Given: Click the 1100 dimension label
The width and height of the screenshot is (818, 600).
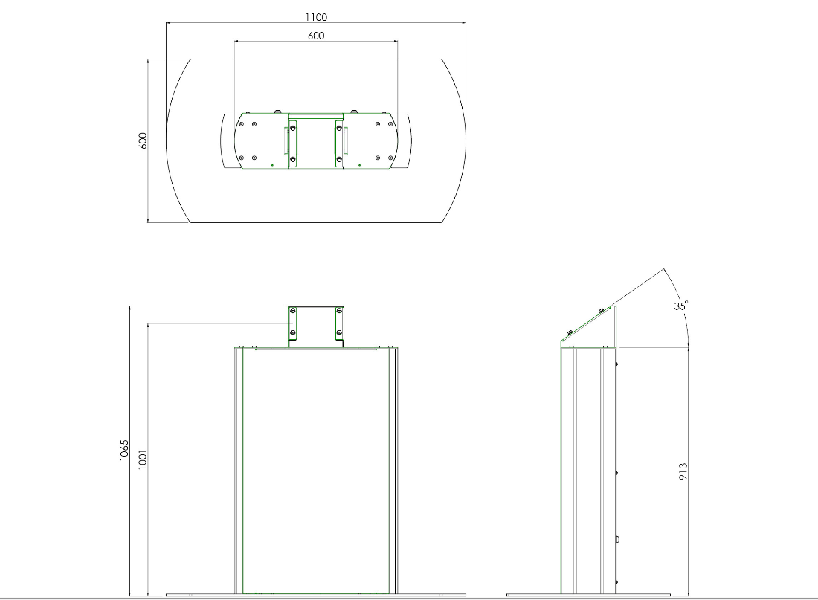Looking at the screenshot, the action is point(316,17).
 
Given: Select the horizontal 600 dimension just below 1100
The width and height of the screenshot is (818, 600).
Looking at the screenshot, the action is point(316,36).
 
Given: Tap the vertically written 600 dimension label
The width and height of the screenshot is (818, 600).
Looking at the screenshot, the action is point(143,141).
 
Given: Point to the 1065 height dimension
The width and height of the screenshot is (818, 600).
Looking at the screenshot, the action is point(124,450).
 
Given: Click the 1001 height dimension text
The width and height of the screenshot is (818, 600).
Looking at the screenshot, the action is point(143,459).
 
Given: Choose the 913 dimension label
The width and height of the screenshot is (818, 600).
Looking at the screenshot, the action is point(683,471).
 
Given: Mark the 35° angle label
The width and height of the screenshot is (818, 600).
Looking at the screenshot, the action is point(680,306).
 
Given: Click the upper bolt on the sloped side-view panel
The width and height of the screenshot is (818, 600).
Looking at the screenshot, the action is point(601,311).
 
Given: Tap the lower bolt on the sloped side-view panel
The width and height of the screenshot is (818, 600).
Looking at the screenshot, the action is point(569,332).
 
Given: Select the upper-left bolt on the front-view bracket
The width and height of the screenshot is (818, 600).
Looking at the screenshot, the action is point(293,311).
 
